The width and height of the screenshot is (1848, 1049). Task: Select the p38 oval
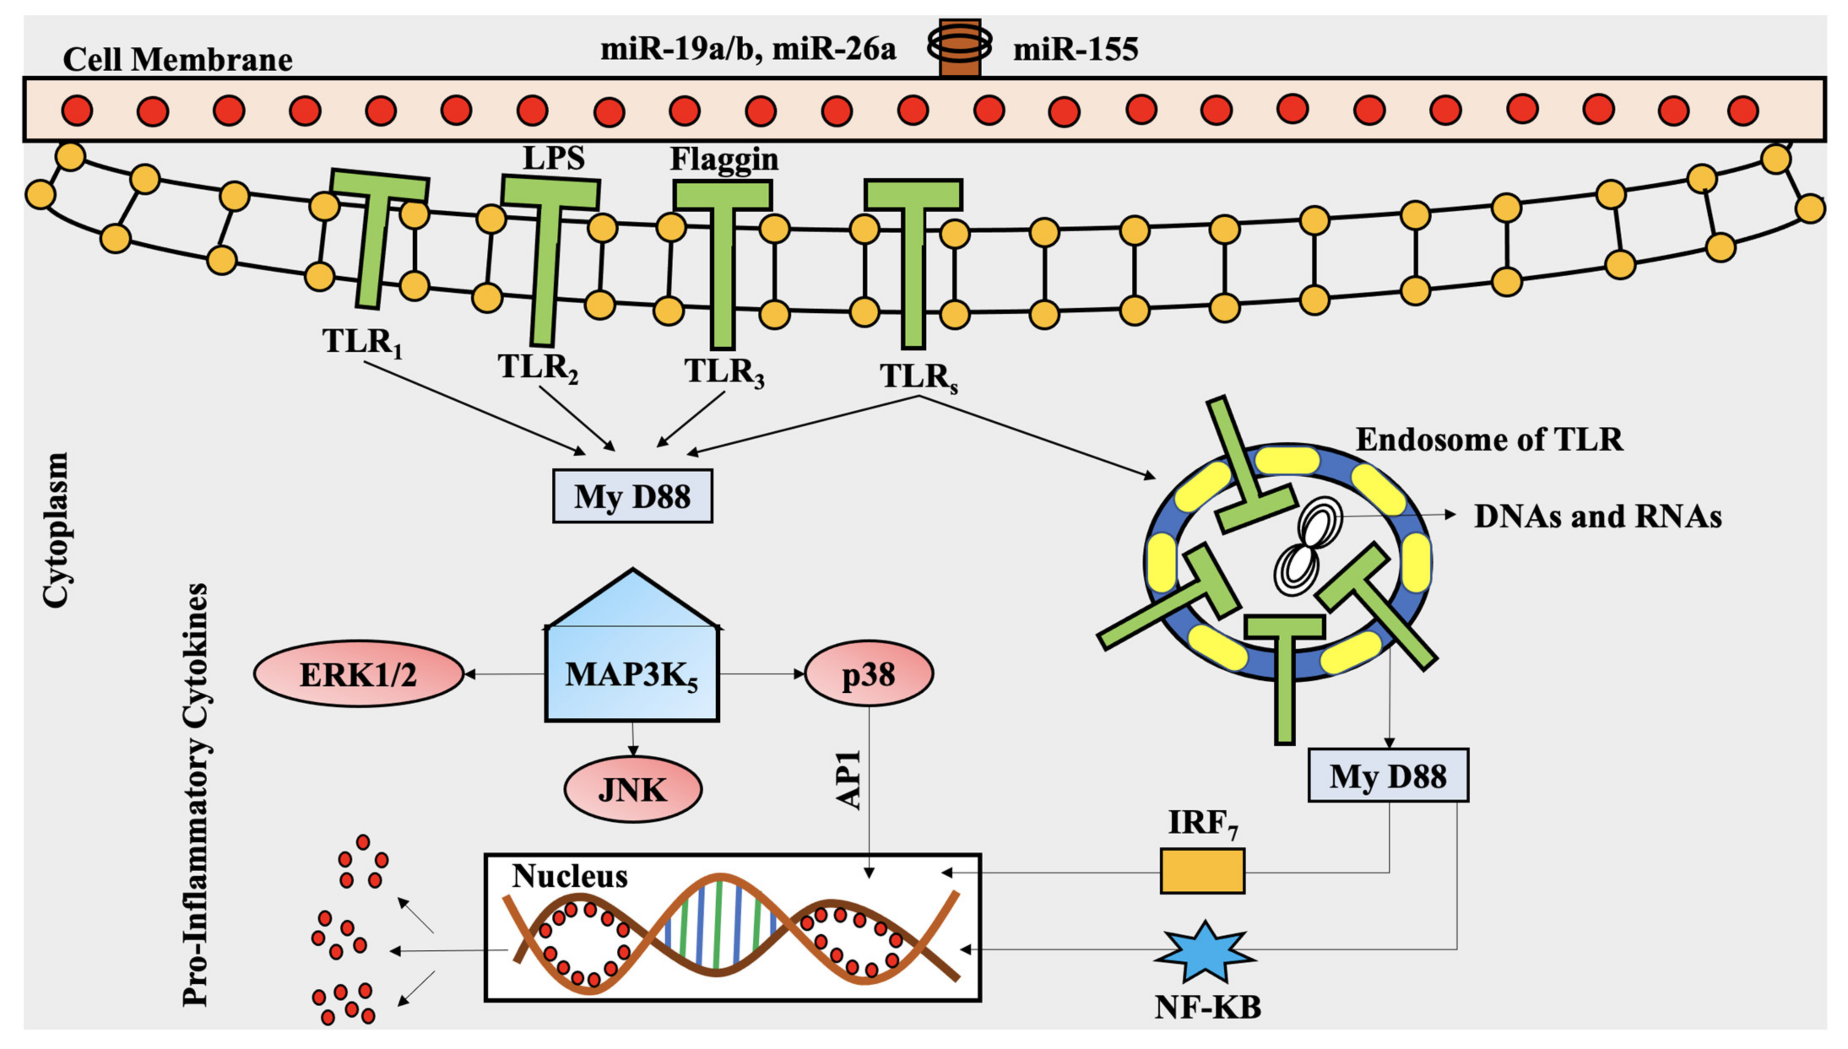tap(869, 673)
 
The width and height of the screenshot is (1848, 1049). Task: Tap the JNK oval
tap(633, 789)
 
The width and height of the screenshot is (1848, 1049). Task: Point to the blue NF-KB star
tap(1204, 952)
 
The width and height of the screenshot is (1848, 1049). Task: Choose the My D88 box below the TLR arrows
tap(632, 496)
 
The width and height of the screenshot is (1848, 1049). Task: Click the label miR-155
tap(1076, 49)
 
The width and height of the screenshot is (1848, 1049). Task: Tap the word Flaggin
tap(724, 159)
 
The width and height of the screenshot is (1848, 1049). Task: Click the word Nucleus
tap(569, 876)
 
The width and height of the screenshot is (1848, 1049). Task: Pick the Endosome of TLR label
tap(1490, 439)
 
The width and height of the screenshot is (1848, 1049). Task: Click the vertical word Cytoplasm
tap(55, 530)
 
